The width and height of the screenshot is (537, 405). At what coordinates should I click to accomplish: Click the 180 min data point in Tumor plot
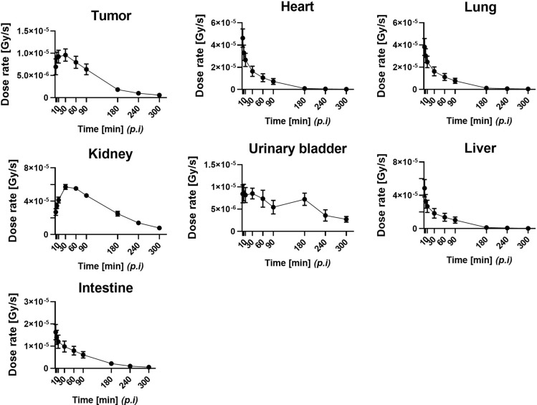pyautogui.click(x=118, y=90)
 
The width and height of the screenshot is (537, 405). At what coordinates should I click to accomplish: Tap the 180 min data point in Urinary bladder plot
pyautogui.click(x=305, y=199)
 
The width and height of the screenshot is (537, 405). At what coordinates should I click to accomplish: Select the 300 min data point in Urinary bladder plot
pyautogui.click(x=346, y=219)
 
